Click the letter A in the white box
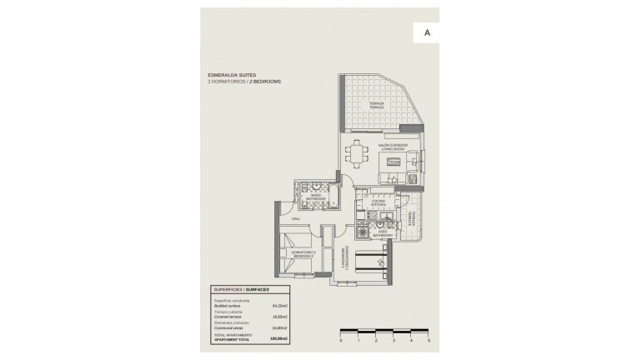(x=427, y=32)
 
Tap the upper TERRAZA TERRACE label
(x=378, y=105)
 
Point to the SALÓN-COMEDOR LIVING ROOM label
(x=394, y=147)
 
